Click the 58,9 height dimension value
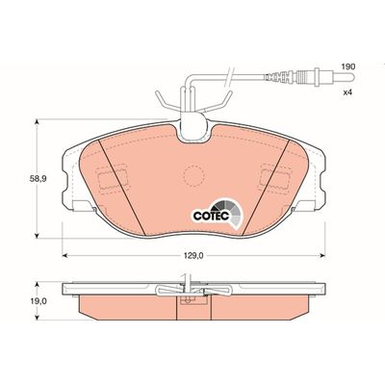[x=38, y=179]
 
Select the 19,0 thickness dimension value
[x=38, y=301]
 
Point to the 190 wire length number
[x=348, y=67]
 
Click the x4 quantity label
[x=348, y=92]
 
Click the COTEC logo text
[x=211, y=216]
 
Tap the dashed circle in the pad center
[x=193, y=175]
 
